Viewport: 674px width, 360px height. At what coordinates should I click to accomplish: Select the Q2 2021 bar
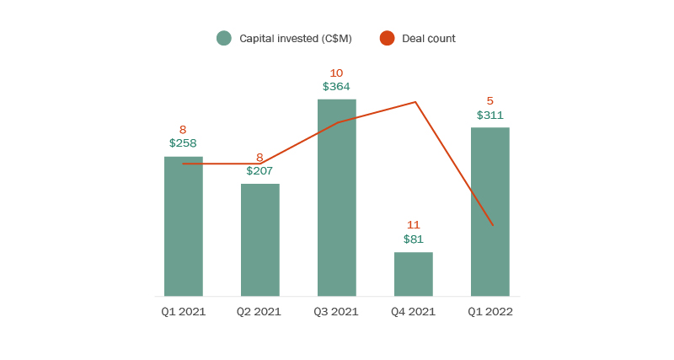click(259, 239)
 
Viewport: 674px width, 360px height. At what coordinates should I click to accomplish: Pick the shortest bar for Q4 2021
click(413, 274)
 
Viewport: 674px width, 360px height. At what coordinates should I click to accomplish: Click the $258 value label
click(183, 143)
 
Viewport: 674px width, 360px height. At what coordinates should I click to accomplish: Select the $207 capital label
click(259, 170)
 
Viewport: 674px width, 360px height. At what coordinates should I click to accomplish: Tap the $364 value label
click(336, 86)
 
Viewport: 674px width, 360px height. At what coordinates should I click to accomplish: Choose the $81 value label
click(413, 239)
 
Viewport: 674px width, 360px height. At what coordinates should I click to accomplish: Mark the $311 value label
click(489, 115)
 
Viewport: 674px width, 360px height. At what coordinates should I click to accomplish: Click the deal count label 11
click(413, 225)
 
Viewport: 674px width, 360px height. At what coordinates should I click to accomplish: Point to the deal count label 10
click(336, 73)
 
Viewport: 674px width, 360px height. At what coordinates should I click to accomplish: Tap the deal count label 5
click(489, 101)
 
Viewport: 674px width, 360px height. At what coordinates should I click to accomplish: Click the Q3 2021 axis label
click(336, 312)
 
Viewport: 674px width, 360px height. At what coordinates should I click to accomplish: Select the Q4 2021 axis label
click(413, 312)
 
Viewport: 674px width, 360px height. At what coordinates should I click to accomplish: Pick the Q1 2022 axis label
click(489, 312)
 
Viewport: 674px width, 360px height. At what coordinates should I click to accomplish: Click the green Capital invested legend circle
click(223, 38)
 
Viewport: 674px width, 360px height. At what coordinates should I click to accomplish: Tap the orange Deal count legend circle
click(387, 38)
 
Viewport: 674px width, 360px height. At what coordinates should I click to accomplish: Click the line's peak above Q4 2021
click(415, 102)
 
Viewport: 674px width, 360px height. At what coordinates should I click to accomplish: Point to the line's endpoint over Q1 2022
click(492, 225)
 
